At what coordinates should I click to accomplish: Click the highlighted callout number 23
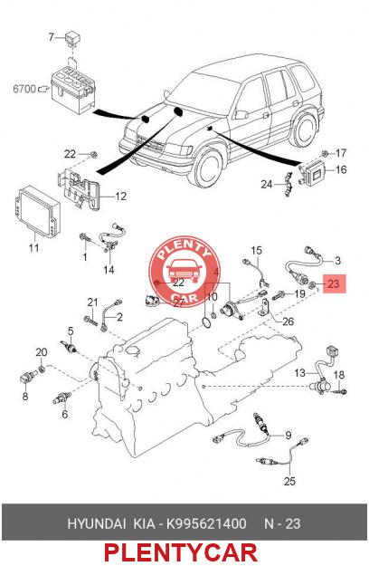[x=334, y=283]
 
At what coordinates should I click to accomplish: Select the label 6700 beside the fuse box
[x=24, y=89]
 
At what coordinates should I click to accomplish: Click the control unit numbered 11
[x=36, y=211]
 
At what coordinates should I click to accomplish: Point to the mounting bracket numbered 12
[x=80, y=189]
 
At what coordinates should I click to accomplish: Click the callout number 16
[x=341, y=169]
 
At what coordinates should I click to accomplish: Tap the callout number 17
[x=341, y=153]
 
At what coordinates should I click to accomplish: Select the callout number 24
[x=266, y=185]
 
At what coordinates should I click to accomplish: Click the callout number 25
[x=289, y=481]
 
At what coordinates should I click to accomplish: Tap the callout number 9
[x=288, y=436]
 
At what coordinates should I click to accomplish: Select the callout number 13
[x=300, y=372]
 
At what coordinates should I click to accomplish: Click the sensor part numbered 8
[x=26, y=378]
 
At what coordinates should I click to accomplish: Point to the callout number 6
[x=64, y=414]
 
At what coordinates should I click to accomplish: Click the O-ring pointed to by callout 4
[x=207, y=322]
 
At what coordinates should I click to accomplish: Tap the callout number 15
[x=257, y=250]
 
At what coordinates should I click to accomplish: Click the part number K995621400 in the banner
[x=206, y=523]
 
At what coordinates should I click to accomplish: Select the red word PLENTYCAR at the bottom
[x=181, y=553]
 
